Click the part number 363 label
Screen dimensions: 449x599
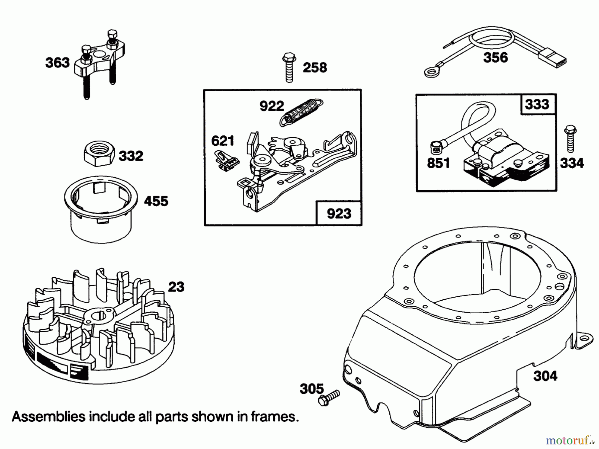(x=58, y=63)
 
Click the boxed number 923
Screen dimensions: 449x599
(x=339, y=214)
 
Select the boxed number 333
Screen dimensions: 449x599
(x=537, y=104)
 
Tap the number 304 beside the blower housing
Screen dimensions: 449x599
(x=545, y=376)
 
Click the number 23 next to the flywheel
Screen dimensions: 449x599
(x=176, y=287)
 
